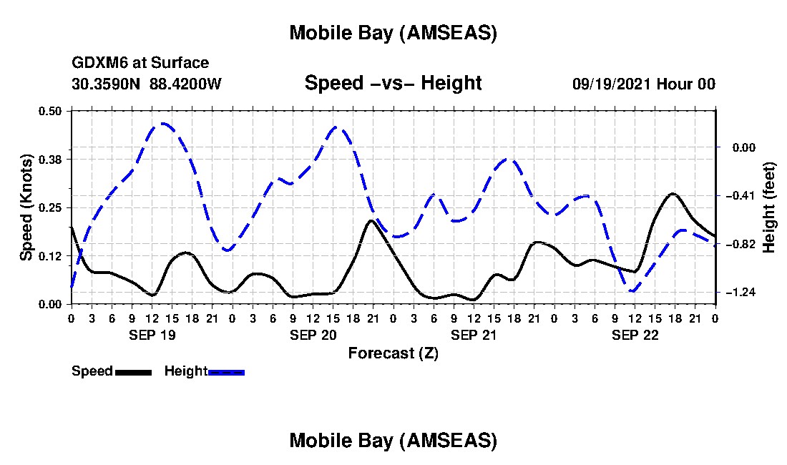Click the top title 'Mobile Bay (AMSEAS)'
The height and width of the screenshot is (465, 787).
(x=393, y=33)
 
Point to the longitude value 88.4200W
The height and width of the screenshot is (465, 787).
(x=186, y=84)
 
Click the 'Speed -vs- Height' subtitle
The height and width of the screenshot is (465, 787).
(x=393, y=83)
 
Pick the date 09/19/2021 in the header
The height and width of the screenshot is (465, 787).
(x=612, y=84)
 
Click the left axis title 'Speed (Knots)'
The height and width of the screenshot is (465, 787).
(x=26, y=207)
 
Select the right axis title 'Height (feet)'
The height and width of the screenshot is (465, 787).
(x=770, y=207)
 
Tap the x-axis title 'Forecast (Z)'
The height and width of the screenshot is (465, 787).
(x=393, y=353)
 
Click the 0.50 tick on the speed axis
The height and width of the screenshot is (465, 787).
(x=50, y=111)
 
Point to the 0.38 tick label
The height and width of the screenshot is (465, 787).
(x=50, y=159)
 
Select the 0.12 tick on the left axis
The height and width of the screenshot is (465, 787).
(x=50, y=256)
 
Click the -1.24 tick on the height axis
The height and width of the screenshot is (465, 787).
(x=736, y=293)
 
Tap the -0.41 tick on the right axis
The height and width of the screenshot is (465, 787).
(x=736, y=195)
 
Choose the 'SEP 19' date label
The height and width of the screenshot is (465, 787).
(x=152, y=335)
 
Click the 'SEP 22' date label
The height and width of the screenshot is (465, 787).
(x=635, y=335)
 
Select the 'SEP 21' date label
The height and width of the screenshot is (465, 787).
(x=474, y=335)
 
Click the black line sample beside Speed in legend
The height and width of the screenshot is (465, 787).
(x=133, y=372)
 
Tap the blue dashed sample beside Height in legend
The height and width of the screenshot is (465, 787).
(x=227, y=372)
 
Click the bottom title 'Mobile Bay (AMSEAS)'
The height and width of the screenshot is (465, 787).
(x=393, y=441)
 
